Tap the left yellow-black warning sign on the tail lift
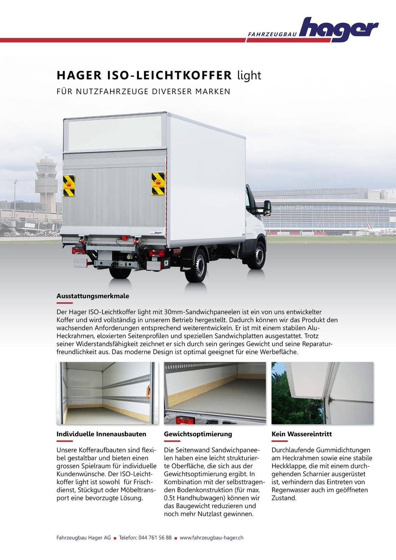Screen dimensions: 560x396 coord(69,185)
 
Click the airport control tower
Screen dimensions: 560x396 coord(45,185)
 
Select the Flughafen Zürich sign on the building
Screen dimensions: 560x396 coord(291,207)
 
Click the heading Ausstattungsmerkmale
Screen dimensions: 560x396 coord(93,296)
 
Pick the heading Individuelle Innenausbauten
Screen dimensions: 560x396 coord(101,434)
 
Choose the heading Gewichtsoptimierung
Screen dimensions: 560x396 coord(198,434)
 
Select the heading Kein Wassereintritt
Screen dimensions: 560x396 coord(301,434)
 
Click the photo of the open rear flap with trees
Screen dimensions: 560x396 coord(322,393)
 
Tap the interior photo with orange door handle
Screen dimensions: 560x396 coord(107,393)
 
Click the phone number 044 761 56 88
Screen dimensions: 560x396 coord(155,538)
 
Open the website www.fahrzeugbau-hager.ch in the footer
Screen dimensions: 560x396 coord(212,538)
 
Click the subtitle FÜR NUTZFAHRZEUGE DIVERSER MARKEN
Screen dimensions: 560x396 coord(143,91)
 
